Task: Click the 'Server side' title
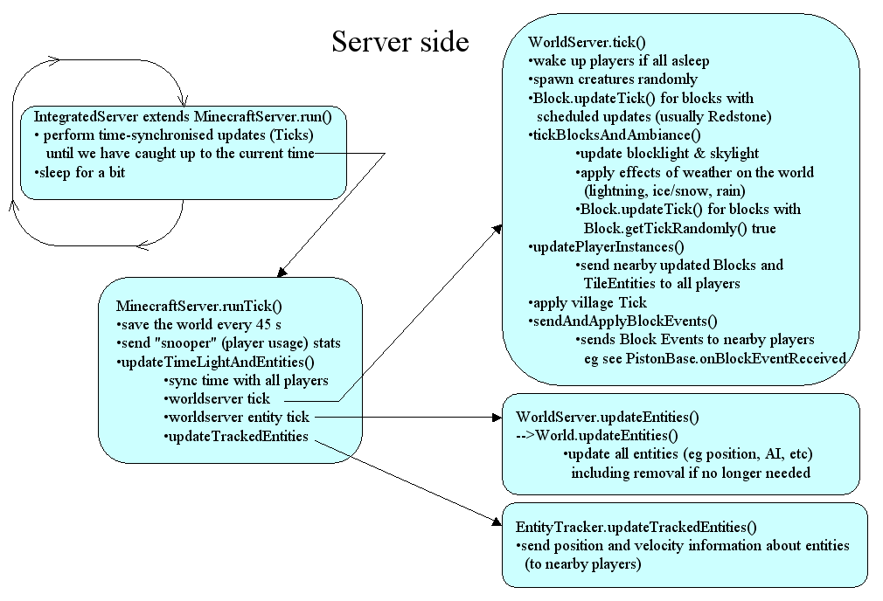400,42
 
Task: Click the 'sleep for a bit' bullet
79,172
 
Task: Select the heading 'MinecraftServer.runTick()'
199,306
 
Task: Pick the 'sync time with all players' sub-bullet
247,380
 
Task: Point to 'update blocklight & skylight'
667,153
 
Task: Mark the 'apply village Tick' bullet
588,302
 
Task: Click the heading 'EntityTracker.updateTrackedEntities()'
636,527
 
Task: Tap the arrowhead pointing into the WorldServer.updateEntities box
497,418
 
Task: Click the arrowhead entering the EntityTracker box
497,522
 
